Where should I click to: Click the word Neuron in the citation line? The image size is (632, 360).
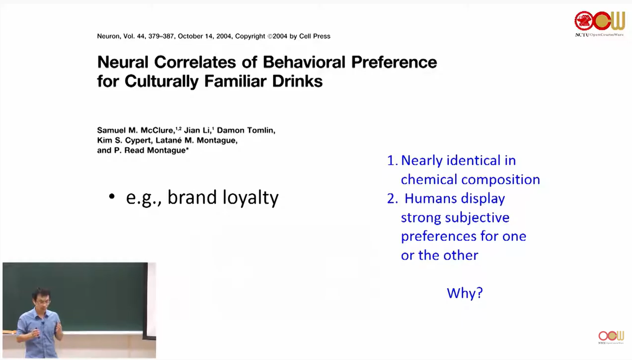(108, 36)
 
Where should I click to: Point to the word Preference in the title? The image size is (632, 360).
(394, 62)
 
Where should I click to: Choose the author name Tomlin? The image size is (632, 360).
(261, 130)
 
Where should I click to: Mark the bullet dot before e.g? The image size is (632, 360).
(112, 197)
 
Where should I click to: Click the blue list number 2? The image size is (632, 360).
(392, 198)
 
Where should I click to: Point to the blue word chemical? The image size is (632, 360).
(429, 179)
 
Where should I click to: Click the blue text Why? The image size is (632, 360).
(464, 293)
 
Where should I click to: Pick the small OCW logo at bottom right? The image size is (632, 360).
(611, 336)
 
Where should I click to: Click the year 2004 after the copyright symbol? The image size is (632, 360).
(280, 36)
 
